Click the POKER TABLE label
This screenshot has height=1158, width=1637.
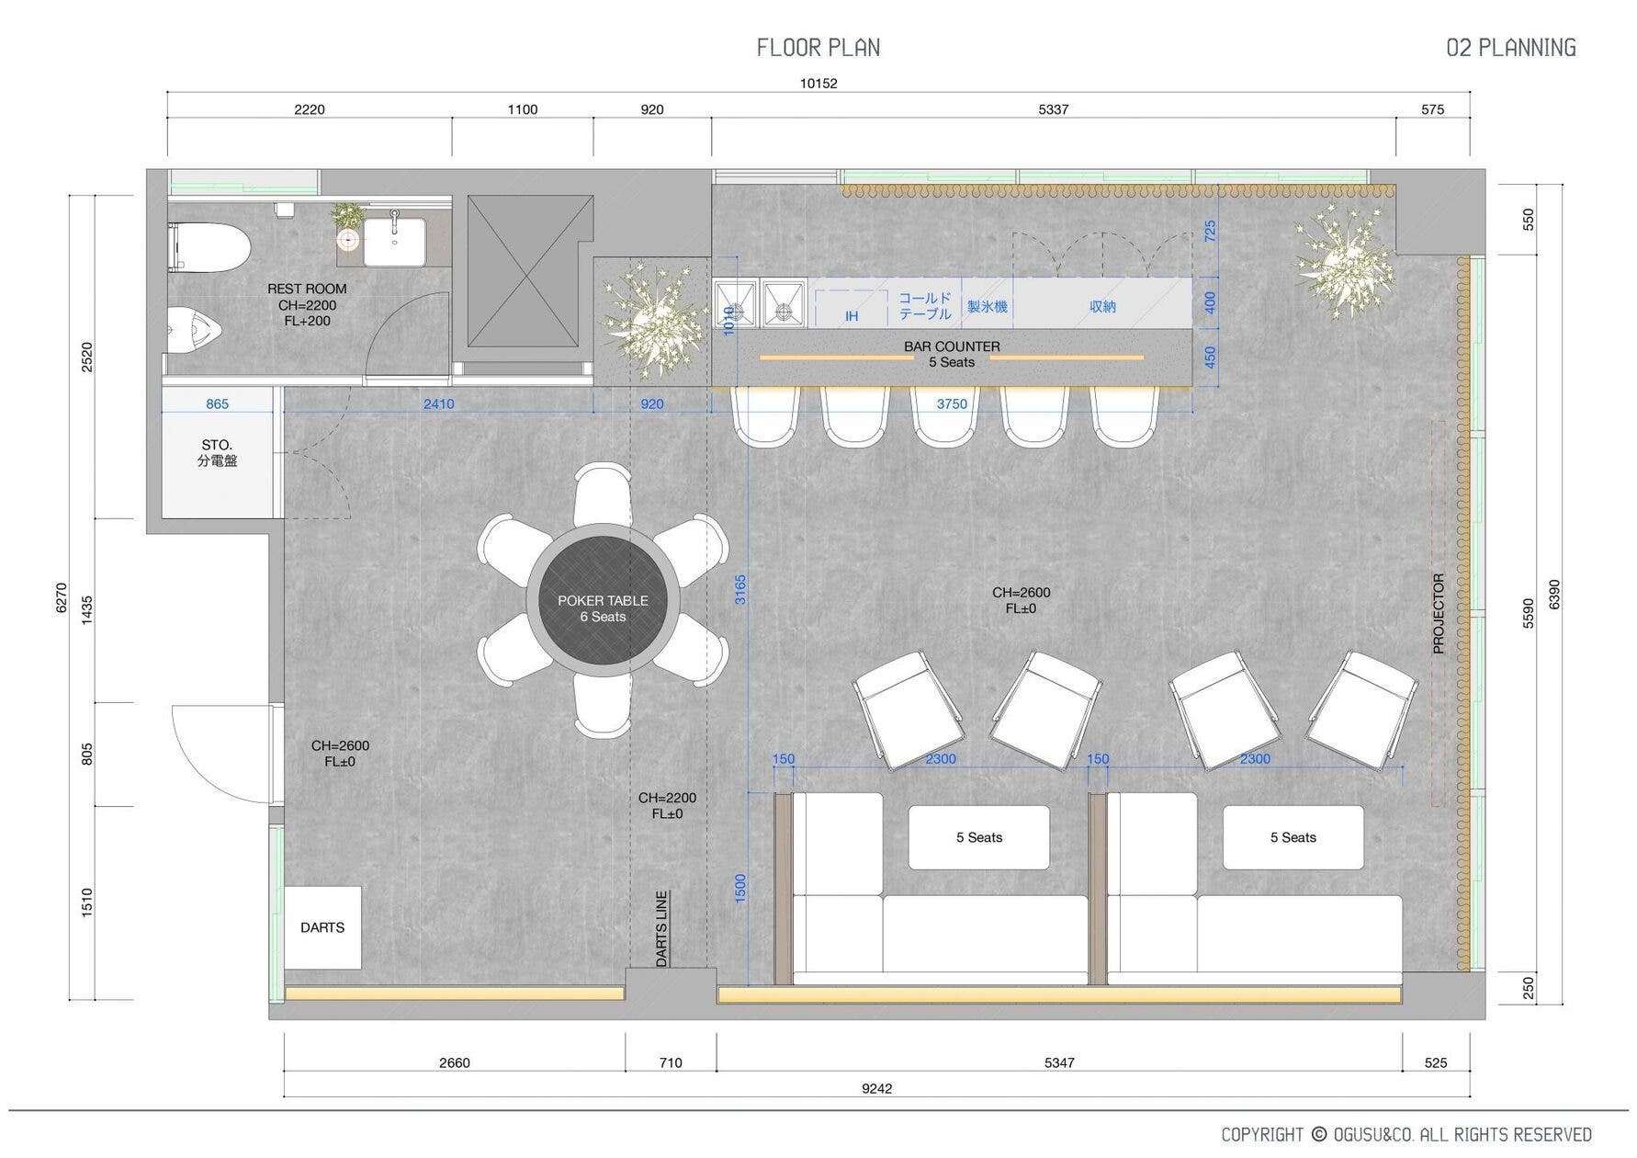pos(603,600)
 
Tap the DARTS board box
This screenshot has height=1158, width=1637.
pos(322,927)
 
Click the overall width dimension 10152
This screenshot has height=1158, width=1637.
pos(818,83)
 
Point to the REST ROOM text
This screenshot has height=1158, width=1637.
pos(307,289)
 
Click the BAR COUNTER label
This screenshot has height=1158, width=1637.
pos(952,346)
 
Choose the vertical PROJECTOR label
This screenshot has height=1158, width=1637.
pos(1439,614)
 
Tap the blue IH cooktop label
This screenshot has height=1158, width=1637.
pos(852,316)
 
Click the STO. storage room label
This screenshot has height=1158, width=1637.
pos(217,445)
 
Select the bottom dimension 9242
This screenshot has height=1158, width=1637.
pos(876,1088)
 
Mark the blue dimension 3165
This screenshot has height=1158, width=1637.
pos(740,589)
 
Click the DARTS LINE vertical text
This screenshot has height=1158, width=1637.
pos(661,929)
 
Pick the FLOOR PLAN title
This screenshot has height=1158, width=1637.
pos(818,48)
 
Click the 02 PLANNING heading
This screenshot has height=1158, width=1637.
pos(1511,48)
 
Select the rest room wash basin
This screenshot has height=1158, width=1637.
pos(395,241)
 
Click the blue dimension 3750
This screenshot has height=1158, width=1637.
pos(952,403)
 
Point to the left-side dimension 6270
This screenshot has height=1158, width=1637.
pos(62,597)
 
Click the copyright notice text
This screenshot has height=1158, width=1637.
pos(1406,1134)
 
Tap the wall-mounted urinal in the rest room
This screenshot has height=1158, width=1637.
pos(196,326)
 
